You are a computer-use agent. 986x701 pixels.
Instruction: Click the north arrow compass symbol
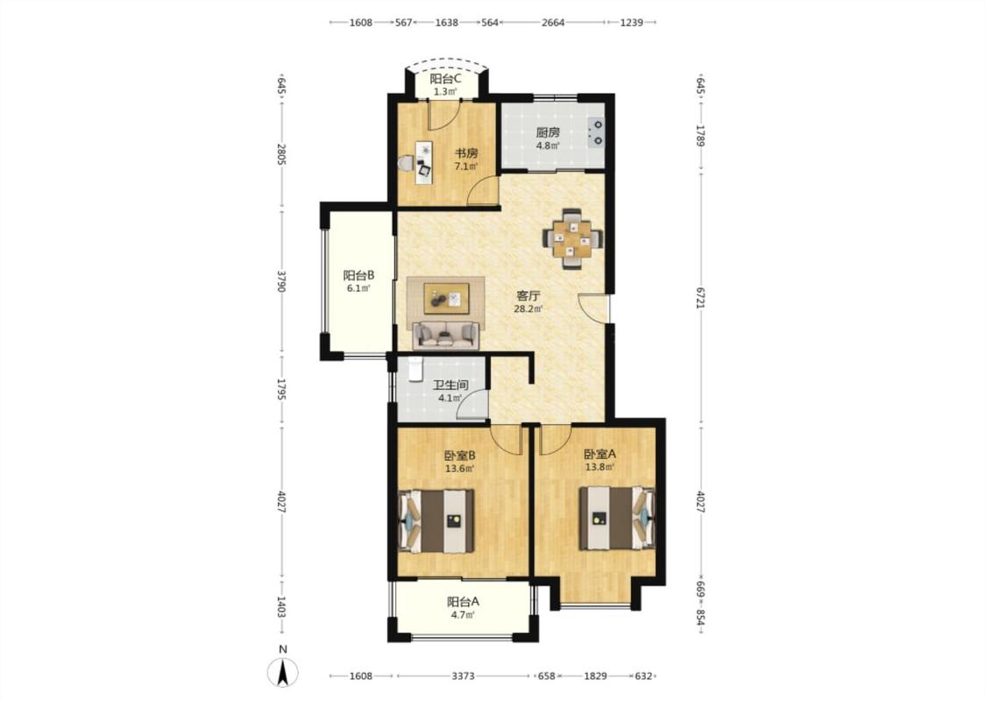pyautogui.click(x=283, y=672)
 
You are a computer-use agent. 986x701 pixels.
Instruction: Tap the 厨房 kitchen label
pyautogui.click(x=548, y=132)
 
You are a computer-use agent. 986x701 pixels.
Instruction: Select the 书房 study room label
pyautogui.click(x=466, y=153)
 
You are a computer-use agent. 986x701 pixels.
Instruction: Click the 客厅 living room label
pyautogui.click(x=528, y=295)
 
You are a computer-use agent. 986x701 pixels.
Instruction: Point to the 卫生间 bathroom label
pyautogui.click(x=450, y=385)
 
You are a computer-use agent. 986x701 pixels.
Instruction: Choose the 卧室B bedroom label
pyautogui.click(x=459, y=455)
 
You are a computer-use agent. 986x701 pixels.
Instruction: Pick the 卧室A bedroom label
pyautogui.click(x=599, y=454)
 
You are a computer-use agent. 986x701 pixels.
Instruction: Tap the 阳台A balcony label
pyautogui.click(x=463, y=602)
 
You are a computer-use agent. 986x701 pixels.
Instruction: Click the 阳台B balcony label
pyautogui.click(x=358, y=275)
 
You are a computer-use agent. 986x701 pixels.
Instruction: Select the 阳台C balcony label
pyautogui.click(x=446, y=79)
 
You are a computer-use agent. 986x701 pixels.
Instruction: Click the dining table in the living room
pyautogui.click(x=572, y=238)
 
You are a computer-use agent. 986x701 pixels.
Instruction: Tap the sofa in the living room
pyautogui.click(x=446, y=334)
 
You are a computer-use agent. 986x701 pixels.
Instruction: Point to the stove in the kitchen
pyautogui.click(x=595, y=132)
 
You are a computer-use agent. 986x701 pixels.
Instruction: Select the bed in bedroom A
pyautogui.click(x=616, y=518)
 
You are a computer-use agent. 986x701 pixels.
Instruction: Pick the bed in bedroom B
pyautogui.click(x=436, y=521)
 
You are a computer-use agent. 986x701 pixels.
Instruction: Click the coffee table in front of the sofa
pyautogui.click(x=446, y=298)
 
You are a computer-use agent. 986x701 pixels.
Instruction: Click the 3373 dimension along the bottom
pyautogui.click(x=464, y=676)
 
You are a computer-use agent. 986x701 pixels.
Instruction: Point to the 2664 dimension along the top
pyautogui.click(x=553, y=23)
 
